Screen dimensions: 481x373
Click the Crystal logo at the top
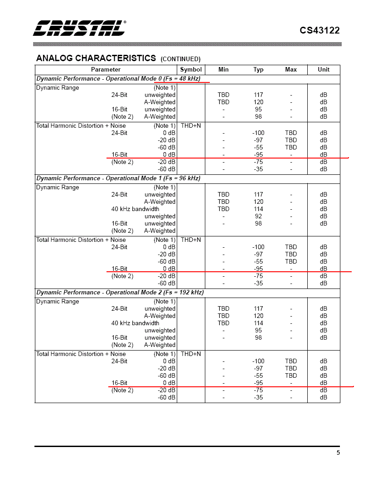[80, 28]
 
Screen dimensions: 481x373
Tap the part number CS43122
[320, 30]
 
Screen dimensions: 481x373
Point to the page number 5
[338, 452]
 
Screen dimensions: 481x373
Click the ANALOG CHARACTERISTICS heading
[96, 58]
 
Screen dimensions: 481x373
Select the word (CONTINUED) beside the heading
[180, 59]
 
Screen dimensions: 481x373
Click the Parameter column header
[106, 70]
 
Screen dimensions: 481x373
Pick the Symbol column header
[191, 70]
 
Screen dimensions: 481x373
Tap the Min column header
[223, 70]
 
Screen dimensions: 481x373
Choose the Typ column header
[258, 70]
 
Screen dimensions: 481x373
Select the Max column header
[291, 70]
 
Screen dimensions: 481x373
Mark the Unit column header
[324, 70]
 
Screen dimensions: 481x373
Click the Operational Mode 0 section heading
[118, 79]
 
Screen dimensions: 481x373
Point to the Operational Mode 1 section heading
[118, 178]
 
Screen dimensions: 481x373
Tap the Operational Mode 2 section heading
[120, 293]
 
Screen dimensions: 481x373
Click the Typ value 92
[258, 216]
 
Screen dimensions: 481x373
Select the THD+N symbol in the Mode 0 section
[191, 126]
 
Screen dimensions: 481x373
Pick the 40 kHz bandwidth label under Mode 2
[135, 323]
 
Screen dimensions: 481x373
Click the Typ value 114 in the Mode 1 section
[258, 209]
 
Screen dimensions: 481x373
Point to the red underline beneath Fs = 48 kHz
[181, 83]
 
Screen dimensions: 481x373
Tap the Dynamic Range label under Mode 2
[58, 302]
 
